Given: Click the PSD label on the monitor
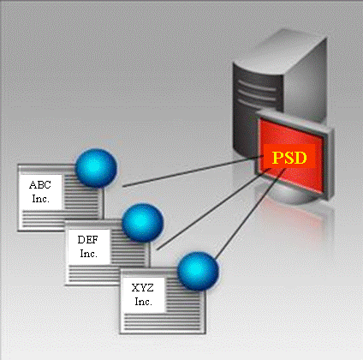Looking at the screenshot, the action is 289,157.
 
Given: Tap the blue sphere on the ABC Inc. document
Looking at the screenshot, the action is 96,168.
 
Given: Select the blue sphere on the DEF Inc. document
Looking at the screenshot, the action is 143,223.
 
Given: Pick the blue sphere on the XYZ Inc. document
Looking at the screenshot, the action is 198,271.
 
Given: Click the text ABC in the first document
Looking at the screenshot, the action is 40,185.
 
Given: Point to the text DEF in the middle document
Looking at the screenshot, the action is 88,239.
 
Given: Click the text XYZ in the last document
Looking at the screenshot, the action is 143,287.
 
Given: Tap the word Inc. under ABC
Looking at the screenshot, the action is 41,199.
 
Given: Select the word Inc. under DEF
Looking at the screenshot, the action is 89,253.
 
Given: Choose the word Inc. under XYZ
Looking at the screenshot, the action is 144,302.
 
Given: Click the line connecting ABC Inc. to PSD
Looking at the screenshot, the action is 193,171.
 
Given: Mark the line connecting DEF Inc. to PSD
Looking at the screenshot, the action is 214,209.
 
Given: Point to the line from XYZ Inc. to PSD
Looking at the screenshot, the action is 250,214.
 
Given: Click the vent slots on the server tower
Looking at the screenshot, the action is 257,92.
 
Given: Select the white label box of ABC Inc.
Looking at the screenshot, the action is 40,192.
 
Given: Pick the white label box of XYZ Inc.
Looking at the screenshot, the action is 143,295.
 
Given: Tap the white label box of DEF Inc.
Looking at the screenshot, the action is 89,247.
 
